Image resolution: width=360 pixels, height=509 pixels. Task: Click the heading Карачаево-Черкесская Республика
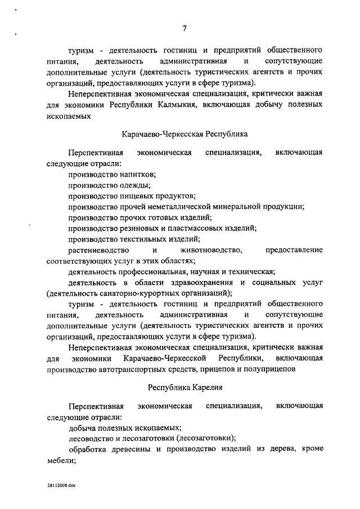coord(184,134)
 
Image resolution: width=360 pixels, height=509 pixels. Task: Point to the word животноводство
coord(211,249)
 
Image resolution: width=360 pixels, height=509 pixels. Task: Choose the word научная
coord(210,271)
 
